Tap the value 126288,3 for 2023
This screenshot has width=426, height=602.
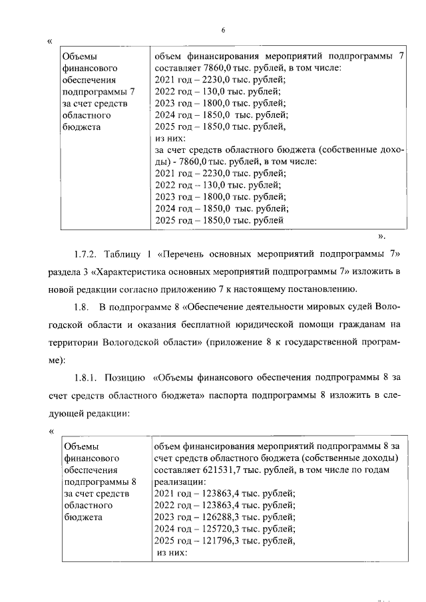point(222,517)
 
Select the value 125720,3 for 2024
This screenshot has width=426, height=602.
point(222,529)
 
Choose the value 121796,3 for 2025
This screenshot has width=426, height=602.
point(222,541)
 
